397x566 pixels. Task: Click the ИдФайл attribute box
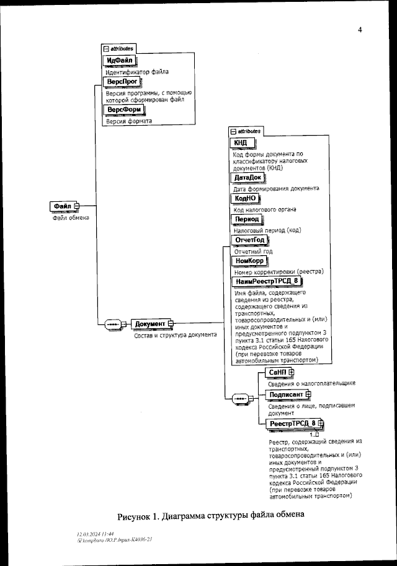pyautogui.click(x=120, y=60)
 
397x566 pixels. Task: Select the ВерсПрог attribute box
pyautogui.click(x=122, y=81)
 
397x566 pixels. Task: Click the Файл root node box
pyautogui.click(x=62, y=206)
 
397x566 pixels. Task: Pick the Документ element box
pyautogui.click(x=149, y=324)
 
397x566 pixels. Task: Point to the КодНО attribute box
pyautogui.click(x=244, y=198)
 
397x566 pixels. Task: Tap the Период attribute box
pyautogui.click(x=244, y=219)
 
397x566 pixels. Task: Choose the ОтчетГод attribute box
pyautogui.click(x=250, y=240)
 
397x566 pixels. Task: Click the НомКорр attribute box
pyautogui.click(x=249, y=261)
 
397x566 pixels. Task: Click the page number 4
pyautogui.click(x=360, y=30)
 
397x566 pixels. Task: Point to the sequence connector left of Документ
pyautogui.click(x=114, y=324)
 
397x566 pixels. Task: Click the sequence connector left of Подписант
pyautogui.click(x=239, y=398)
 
